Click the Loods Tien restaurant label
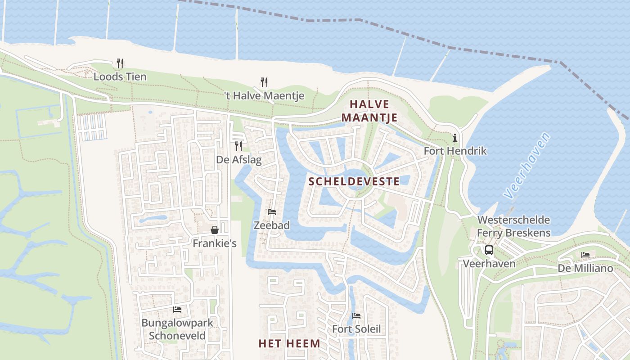[120, 77]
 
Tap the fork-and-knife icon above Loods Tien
[120, 63]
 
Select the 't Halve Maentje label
[264, 96]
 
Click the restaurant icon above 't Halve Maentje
[264, 82]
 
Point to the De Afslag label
[238, 160]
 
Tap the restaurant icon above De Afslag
[238, 146]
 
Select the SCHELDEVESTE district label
[355, 181]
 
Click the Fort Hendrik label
[455, 151]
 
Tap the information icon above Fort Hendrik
[455, 138]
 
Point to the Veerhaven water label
[527, 166]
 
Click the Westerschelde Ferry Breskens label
[513, 226]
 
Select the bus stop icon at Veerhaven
[489, 250]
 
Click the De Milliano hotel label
[585, 269]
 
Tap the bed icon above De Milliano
[585, 255]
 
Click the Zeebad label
[272, 225]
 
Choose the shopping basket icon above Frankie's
[215, 230]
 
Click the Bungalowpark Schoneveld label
[177, 329]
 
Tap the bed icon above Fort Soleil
[356, 316]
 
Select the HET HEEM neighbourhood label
[289, 344]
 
